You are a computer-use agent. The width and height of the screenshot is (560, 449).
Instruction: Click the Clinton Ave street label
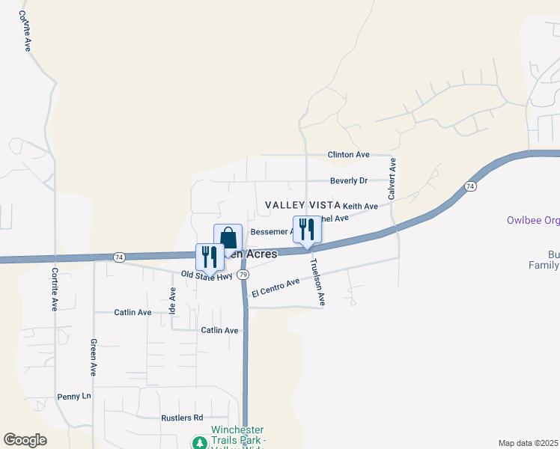pos(348,155)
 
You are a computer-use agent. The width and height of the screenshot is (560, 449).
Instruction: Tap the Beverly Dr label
pos(349,181)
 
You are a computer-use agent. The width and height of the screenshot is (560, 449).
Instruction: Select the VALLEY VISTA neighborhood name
pos(303,205)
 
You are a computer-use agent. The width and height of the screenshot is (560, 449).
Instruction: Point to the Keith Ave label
pos(360,206)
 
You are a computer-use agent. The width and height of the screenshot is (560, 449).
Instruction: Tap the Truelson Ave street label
pos(318,282)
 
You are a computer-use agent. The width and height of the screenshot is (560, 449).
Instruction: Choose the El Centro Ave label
pos(276,287)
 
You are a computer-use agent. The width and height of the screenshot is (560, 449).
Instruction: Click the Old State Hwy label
pos(207,276)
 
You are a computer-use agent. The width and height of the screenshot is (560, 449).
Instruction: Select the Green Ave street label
pos(94,358)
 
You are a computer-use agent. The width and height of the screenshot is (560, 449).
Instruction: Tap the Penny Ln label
pos(73,396)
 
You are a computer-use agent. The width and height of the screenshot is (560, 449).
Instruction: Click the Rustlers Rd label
pos(182,418)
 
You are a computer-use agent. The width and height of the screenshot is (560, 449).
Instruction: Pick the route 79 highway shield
pos(243,275)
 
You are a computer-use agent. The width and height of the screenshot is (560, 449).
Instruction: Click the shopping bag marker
pos(228,238)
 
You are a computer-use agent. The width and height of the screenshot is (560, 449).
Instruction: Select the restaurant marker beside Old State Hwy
pos(209,256)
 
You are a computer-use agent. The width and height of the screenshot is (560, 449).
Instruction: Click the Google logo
pos(25,440)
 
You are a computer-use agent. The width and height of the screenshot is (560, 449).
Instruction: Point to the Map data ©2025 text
pos(528,443)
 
